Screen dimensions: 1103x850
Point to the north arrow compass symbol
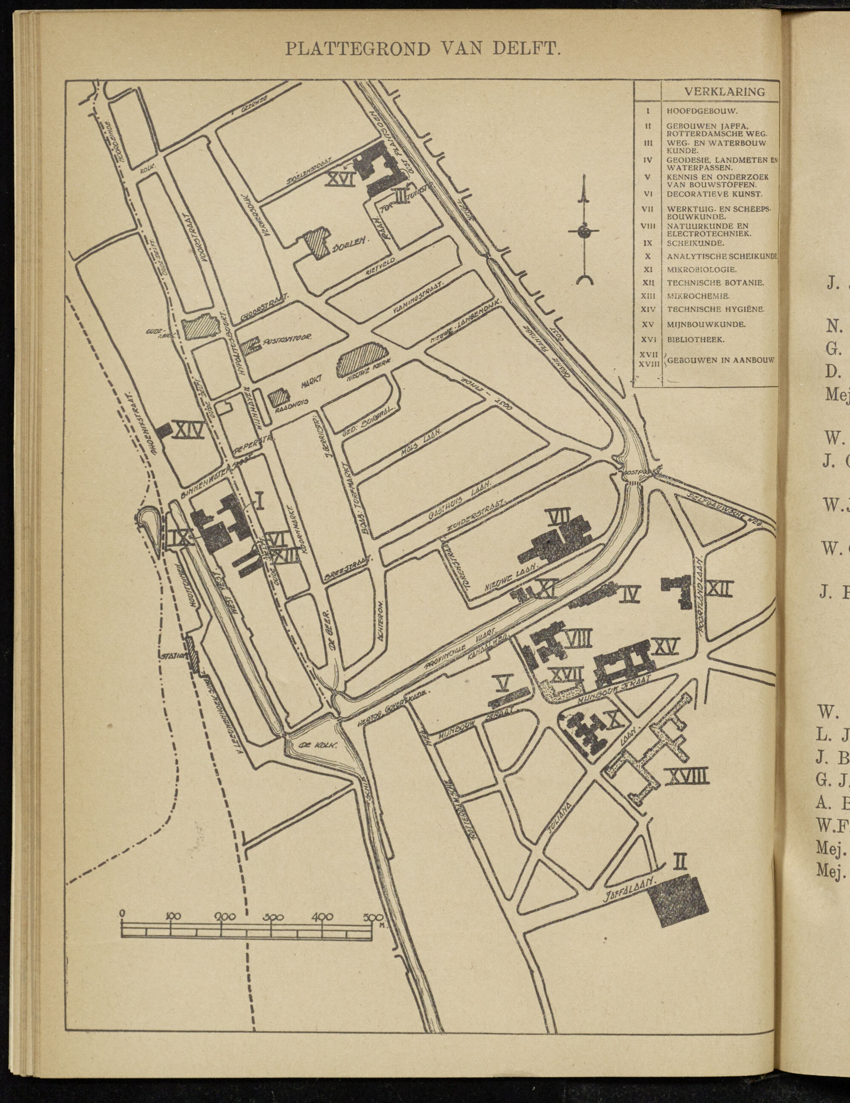(584, 231)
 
